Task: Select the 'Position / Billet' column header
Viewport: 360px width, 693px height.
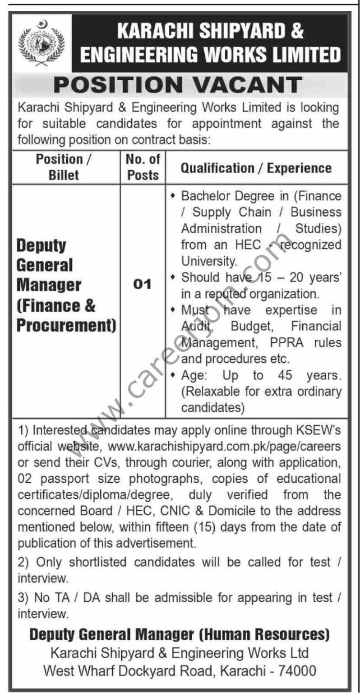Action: pos(66,167)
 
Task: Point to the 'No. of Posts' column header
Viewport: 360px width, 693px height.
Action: pos(143,167)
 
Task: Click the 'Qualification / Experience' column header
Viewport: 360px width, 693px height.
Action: pos(256,168)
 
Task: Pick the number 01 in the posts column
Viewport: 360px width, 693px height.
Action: pos(143,285)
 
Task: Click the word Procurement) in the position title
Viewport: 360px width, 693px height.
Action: pos(66,325)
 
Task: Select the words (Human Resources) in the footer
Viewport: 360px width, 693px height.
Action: pos(264,635)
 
